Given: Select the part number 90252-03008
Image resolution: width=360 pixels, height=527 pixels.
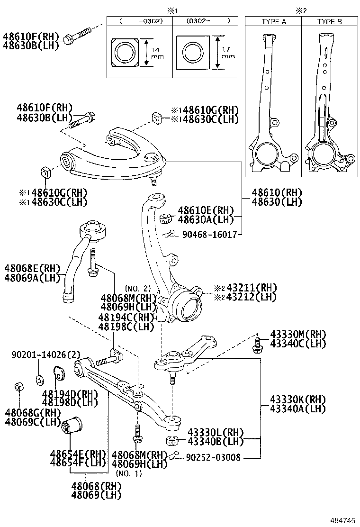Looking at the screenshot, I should (x=213, y=457).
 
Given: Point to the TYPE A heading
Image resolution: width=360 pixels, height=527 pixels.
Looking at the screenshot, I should (x=274, y=22).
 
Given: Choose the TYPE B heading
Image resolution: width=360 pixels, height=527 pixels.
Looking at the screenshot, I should (x=329, y=22).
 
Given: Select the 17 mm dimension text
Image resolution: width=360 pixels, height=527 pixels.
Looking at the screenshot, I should (x=228, y=53).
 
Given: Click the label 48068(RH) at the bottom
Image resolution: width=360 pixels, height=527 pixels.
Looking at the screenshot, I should (x=97, y=486).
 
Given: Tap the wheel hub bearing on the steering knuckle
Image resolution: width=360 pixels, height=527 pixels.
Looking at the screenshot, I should (x=185, y=305).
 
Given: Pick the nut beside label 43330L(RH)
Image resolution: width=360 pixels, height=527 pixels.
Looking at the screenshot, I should (x=172, y=440).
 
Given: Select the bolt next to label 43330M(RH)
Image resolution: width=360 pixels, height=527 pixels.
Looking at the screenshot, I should (x=259, y=345).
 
